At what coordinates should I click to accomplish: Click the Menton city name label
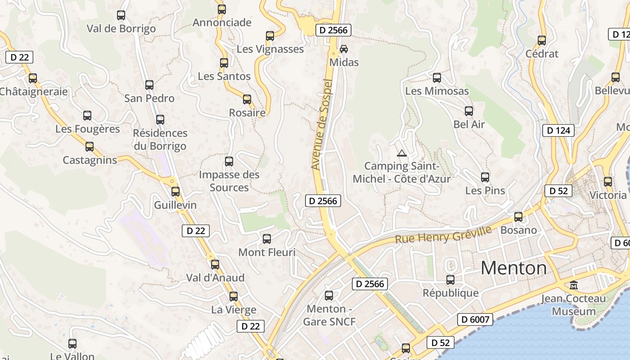(513, 268)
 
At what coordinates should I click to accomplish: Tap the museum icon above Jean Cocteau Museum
(573, 285)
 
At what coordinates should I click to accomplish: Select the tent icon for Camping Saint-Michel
(402, 153)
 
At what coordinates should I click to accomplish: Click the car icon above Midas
(344, 49)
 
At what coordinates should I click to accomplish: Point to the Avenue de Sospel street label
(322, 125)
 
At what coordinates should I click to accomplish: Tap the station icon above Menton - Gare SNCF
(329, 296)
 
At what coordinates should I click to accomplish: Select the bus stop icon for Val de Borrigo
(121, 15)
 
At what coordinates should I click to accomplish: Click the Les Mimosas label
(436, 91)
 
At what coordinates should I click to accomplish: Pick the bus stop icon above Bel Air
(469, 111)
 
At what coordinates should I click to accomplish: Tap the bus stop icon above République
(450, 279)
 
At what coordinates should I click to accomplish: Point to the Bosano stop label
(518, 230)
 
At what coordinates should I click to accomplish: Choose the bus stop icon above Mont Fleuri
(267, 238)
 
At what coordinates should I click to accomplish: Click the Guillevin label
(175, 205)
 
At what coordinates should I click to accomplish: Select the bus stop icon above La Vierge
(233, 296)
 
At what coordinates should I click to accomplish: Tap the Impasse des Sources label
(229, 181)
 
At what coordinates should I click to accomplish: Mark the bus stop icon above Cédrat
(542, 40)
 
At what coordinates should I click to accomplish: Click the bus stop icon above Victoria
(608, 181)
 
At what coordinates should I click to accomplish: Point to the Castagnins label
(90, 160)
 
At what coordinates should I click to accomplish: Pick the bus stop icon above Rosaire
(247, 99)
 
